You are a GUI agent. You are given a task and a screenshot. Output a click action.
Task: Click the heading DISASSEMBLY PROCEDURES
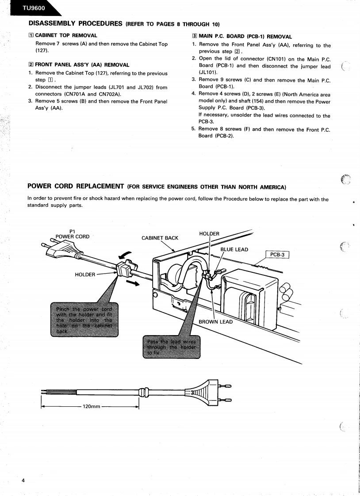[75, 23]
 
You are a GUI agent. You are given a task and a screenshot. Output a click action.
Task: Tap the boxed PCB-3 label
[276, 255]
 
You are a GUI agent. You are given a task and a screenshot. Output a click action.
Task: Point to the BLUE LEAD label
[234, 249]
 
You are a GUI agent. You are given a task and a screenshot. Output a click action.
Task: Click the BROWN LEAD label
[216, 322]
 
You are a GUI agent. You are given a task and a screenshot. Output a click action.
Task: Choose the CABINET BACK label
[160, 238]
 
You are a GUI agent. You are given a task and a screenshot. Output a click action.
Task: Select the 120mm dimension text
[91, 406]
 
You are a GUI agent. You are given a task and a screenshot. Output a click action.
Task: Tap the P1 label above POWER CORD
[73, 230]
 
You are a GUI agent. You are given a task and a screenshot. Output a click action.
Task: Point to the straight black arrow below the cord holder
[130, 282]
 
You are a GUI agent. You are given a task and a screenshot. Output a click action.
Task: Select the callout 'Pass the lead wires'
[170, 347]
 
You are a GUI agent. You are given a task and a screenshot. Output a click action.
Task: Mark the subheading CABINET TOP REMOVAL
[66, 35]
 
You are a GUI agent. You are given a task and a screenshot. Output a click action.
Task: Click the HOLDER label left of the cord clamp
[85, 275]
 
